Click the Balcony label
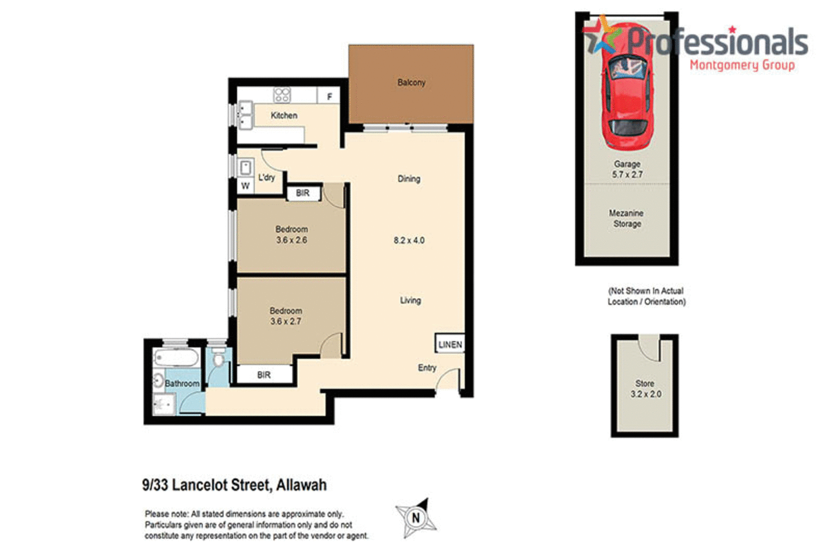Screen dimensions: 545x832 [411, 83]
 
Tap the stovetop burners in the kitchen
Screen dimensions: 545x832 [282, 95]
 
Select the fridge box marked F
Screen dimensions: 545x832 [329, 96]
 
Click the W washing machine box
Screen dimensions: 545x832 [245, 186]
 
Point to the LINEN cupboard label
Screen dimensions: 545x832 [450, 345]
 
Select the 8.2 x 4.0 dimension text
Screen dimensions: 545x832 [409, 241]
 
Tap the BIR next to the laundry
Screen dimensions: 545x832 [303, 193]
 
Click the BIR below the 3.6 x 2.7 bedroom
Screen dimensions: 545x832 [264, 375]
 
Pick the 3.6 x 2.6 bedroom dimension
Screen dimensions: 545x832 [291, 240]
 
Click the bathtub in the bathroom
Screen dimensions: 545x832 [176, 358]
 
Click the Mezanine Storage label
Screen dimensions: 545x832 [626, 218]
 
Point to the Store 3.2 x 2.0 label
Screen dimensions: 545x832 [645, 389]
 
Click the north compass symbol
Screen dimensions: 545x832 [416, 518]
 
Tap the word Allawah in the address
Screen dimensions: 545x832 [301, 485]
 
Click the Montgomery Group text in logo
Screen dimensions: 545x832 [742, 65]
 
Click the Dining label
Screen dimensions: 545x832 [409, 179]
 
